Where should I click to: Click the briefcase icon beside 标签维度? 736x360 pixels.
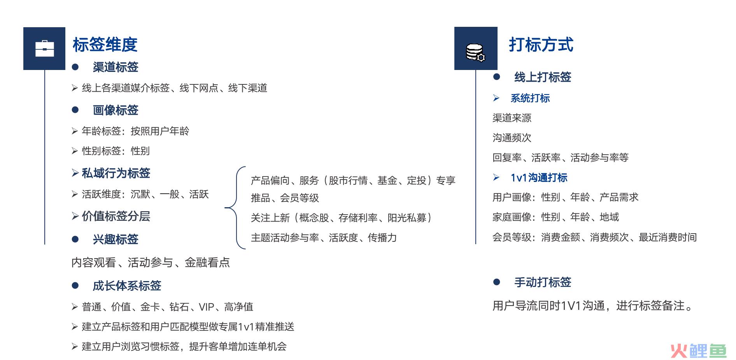(x=44, y=49)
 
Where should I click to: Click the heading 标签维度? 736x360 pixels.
(x=105, y=44)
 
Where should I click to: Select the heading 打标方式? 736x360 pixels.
(x=541, y=44)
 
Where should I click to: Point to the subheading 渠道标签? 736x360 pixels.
(x=116, y=67)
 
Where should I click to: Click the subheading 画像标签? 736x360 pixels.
(x=116, y=110)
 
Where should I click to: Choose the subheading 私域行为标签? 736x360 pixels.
(x=116, y=173)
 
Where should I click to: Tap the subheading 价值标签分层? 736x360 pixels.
(x=116, y=217)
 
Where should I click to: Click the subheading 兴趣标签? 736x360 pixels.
(x=116, y=239)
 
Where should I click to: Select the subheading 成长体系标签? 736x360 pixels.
(x=127, y=286)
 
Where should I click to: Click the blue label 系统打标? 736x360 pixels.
(x=530, y=98)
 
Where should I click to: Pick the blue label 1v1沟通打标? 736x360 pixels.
(x=539, y=178)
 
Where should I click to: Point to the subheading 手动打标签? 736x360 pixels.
(x=543, y=282)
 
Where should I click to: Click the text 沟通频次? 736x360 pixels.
(x=512, y=138)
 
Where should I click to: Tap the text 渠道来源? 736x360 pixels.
(x=512, y=118)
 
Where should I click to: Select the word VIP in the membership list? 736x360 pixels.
(x=206, y=307)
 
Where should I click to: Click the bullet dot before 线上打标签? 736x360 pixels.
(x=496, y=77)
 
